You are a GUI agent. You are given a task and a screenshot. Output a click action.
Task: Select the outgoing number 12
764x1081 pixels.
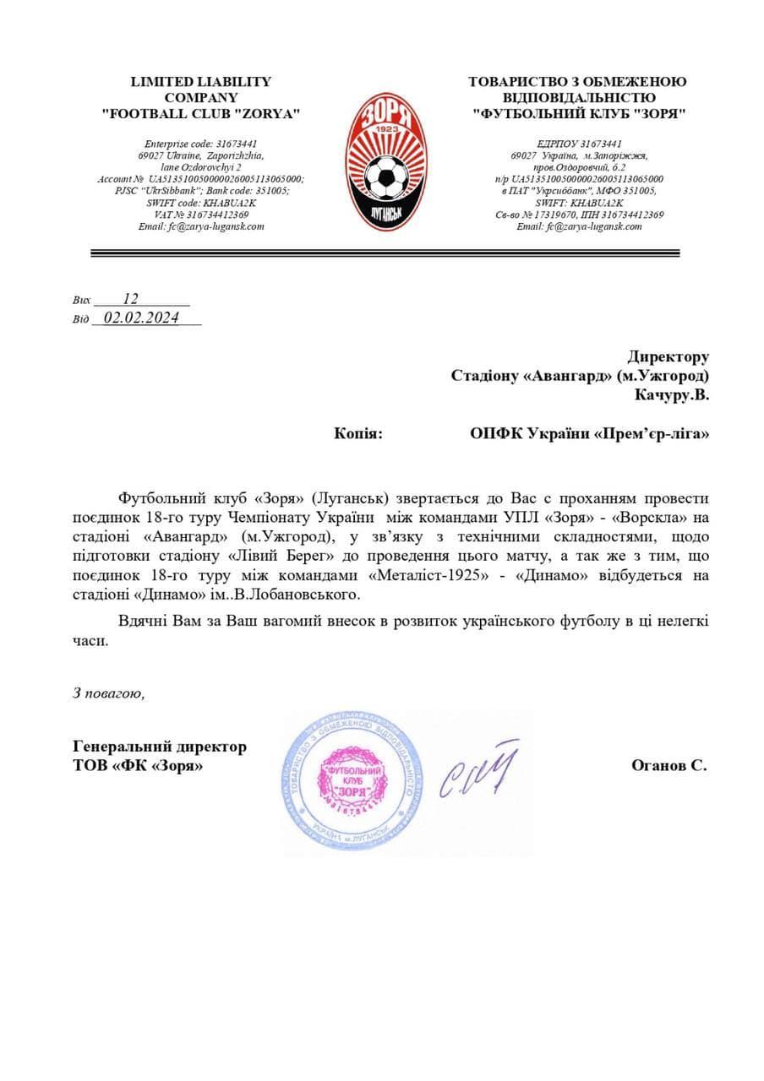pos(130,298)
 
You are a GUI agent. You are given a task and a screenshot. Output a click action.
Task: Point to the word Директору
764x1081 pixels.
pos(668,357)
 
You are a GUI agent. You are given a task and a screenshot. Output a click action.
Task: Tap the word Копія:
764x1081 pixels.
pos(358,433)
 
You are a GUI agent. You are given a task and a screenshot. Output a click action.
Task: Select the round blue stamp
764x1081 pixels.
pos(347,781)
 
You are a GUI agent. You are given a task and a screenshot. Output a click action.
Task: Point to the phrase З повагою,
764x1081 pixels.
pos(109,693)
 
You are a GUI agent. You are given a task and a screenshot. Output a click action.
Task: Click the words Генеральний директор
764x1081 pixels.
pos(161,747)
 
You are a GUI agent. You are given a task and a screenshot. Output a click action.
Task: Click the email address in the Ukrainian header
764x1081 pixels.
pos(579,226)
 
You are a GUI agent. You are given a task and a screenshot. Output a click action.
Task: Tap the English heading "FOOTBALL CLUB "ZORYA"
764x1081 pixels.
pos(201,113)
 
